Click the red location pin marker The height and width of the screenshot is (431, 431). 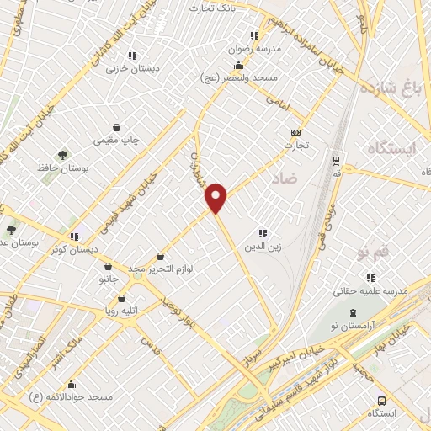click(216, 197)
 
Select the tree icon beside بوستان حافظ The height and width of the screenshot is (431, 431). click(62, 155)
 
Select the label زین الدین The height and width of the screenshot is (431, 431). click(263, 247)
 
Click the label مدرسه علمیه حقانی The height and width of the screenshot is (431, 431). click(370, 290)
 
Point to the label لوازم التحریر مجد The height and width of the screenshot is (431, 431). click(161, 269)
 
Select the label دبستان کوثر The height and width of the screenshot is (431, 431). click(74, 250)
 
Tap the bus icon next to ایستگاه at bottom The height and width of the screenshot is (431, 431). click(382, 401)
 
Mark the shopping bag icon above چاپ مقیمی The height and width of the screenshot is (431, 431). click(127, 126)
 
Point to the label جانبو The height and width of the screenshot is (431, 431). click(107, 278)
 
